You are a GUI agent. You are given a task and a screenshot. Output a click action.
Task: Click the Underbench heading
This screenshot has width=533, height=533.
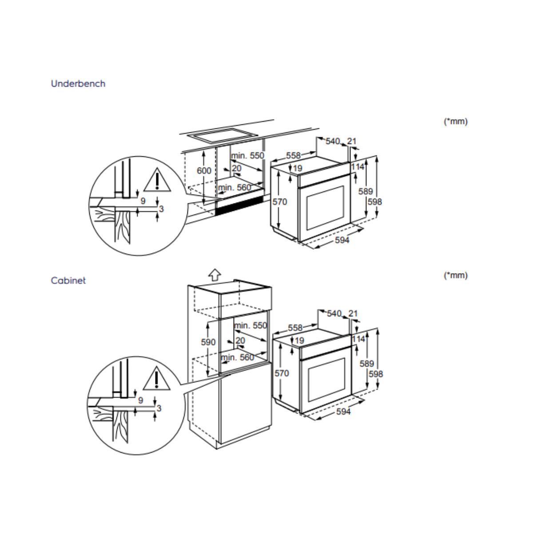pos(78,84)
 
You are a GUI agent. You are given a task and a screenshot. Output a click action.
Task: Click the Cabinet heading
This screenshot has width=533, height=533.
pos(68,281)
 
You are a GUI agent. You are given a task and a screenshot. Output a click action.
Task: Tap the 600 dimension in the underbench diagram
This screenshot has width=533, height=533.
pos(204,171)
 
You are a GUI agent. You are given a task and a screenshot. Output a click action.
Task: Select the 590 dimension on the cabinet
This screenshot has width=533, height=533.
pos(208,342)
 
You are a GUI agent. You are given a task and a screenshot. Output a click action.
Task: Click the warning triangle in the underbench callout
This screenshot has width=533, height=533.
pos(157,180)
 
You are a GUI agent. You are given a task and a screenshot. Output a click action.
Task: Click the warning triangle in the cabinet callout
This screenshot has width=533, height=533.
pos(157,379)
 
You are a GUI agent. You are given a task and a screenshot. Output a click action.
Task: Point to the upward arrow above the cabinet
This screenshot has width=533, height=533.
pos(215,274)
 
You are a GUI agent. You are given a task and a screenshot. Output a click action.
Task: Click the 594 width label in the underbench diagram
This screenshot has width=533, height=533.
pos(342,240)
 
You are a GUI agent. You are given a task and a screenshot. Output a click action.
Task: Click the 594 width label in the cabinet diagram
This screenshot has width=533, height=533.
pos(343,412)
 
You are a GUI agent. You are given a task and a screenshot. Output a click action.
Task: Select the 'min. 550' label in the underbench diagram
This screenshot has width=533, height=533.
pos(247,156)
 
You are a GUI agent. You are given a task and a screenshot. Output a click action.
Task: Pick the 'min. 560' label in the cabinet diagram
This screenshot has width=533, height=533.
pos(238,358)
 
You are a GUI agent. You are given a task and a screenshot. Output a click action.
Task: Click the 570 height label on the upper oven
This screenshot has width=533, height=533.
pos(280,202)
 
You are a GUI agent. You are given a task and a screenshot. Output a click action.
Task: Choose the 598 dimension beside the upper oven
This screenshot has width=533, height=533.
pos(375,202)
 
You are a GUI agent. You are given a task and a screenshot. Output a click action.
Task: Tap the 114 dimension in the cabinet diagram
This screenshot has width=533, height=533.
pos(358,339)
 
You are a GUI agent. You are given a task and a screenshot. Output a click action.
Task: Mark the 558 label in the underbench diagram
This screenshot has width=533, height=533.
pos(293,156)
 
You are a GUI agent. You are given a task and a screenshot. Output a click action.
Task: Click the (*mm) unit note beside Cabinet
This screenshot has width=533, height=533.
pos(456,275)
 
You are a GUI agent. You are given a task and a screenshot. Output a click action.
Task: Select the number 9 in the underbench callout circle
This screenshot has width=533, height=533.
pos(143,201)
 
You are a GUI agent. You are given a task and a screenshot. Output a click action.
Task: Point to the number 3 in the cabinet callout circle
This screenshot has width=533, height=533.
pos(159,408)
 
